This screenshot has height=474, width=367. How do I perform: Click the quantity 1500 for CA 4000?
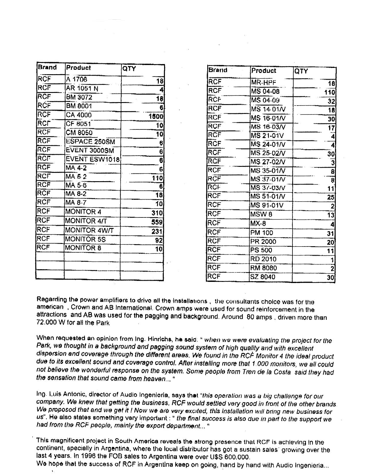pos(156,116)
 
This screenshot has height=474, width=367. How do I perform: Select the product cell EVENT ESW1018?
pos(93,159)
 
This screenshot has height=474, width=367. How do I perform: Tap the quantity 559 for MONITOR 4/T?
pos(157,222)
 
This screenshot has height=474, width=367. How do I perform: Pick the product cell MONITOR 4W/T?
pos(90,230)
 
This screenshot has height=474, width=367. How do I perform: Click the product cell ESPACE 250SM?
pos(90,142)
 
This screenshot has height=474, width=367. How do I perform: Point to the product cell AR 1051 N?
pos(82,89)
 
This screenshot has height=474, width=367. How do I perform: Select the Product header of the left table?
pos(78,68)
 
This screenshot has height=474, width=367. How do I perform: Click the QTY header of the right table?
pos(301,71)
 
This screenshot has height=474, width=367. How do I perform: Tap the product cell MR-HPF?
pos(264,83)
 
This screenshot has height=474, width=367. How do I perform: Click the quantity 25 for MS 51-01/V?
pos(331,197)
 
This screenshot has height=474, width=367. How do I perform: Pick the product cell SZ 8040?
pos(263,277)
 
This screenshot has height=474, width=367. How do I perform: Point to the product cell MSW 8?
pos(261,215)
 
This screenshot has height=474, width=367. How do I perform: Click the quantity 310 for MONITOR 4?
pos(157,213)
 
